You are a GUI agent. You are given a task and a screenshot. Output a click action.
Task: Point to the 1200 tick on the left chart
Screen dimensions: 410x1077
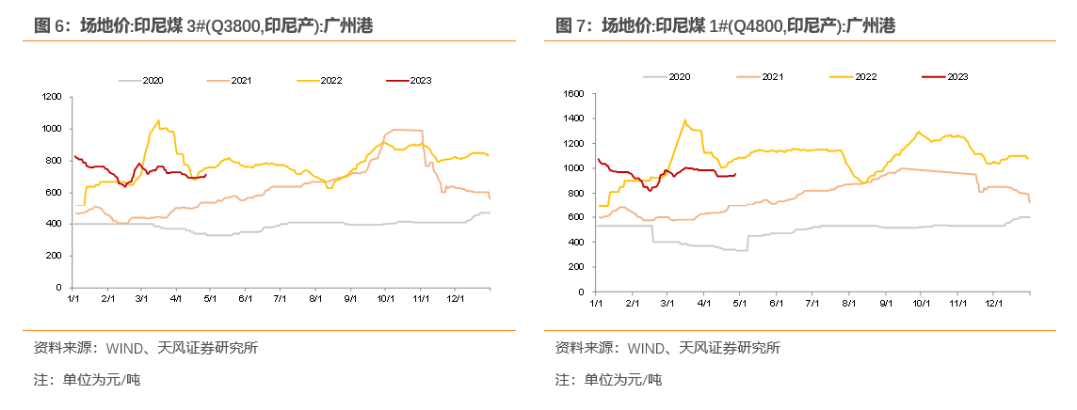[x=52, y=97]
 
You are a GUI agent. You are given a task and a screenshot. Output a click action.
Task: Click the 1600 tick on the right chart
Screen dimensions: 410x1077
[x=573, y=94]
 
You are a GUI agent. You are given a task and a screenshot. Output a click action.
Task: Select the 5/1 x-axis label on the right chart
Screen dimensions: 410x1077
[x=740, y=300]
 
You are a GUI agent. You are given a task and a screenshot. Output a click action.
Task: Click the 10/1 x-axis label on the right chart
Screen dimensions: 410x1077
[x=920, y=300]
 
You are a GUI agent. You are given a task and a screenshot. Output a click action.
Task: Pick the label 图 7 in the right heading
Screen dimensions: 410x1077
[x=569, y=26]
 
